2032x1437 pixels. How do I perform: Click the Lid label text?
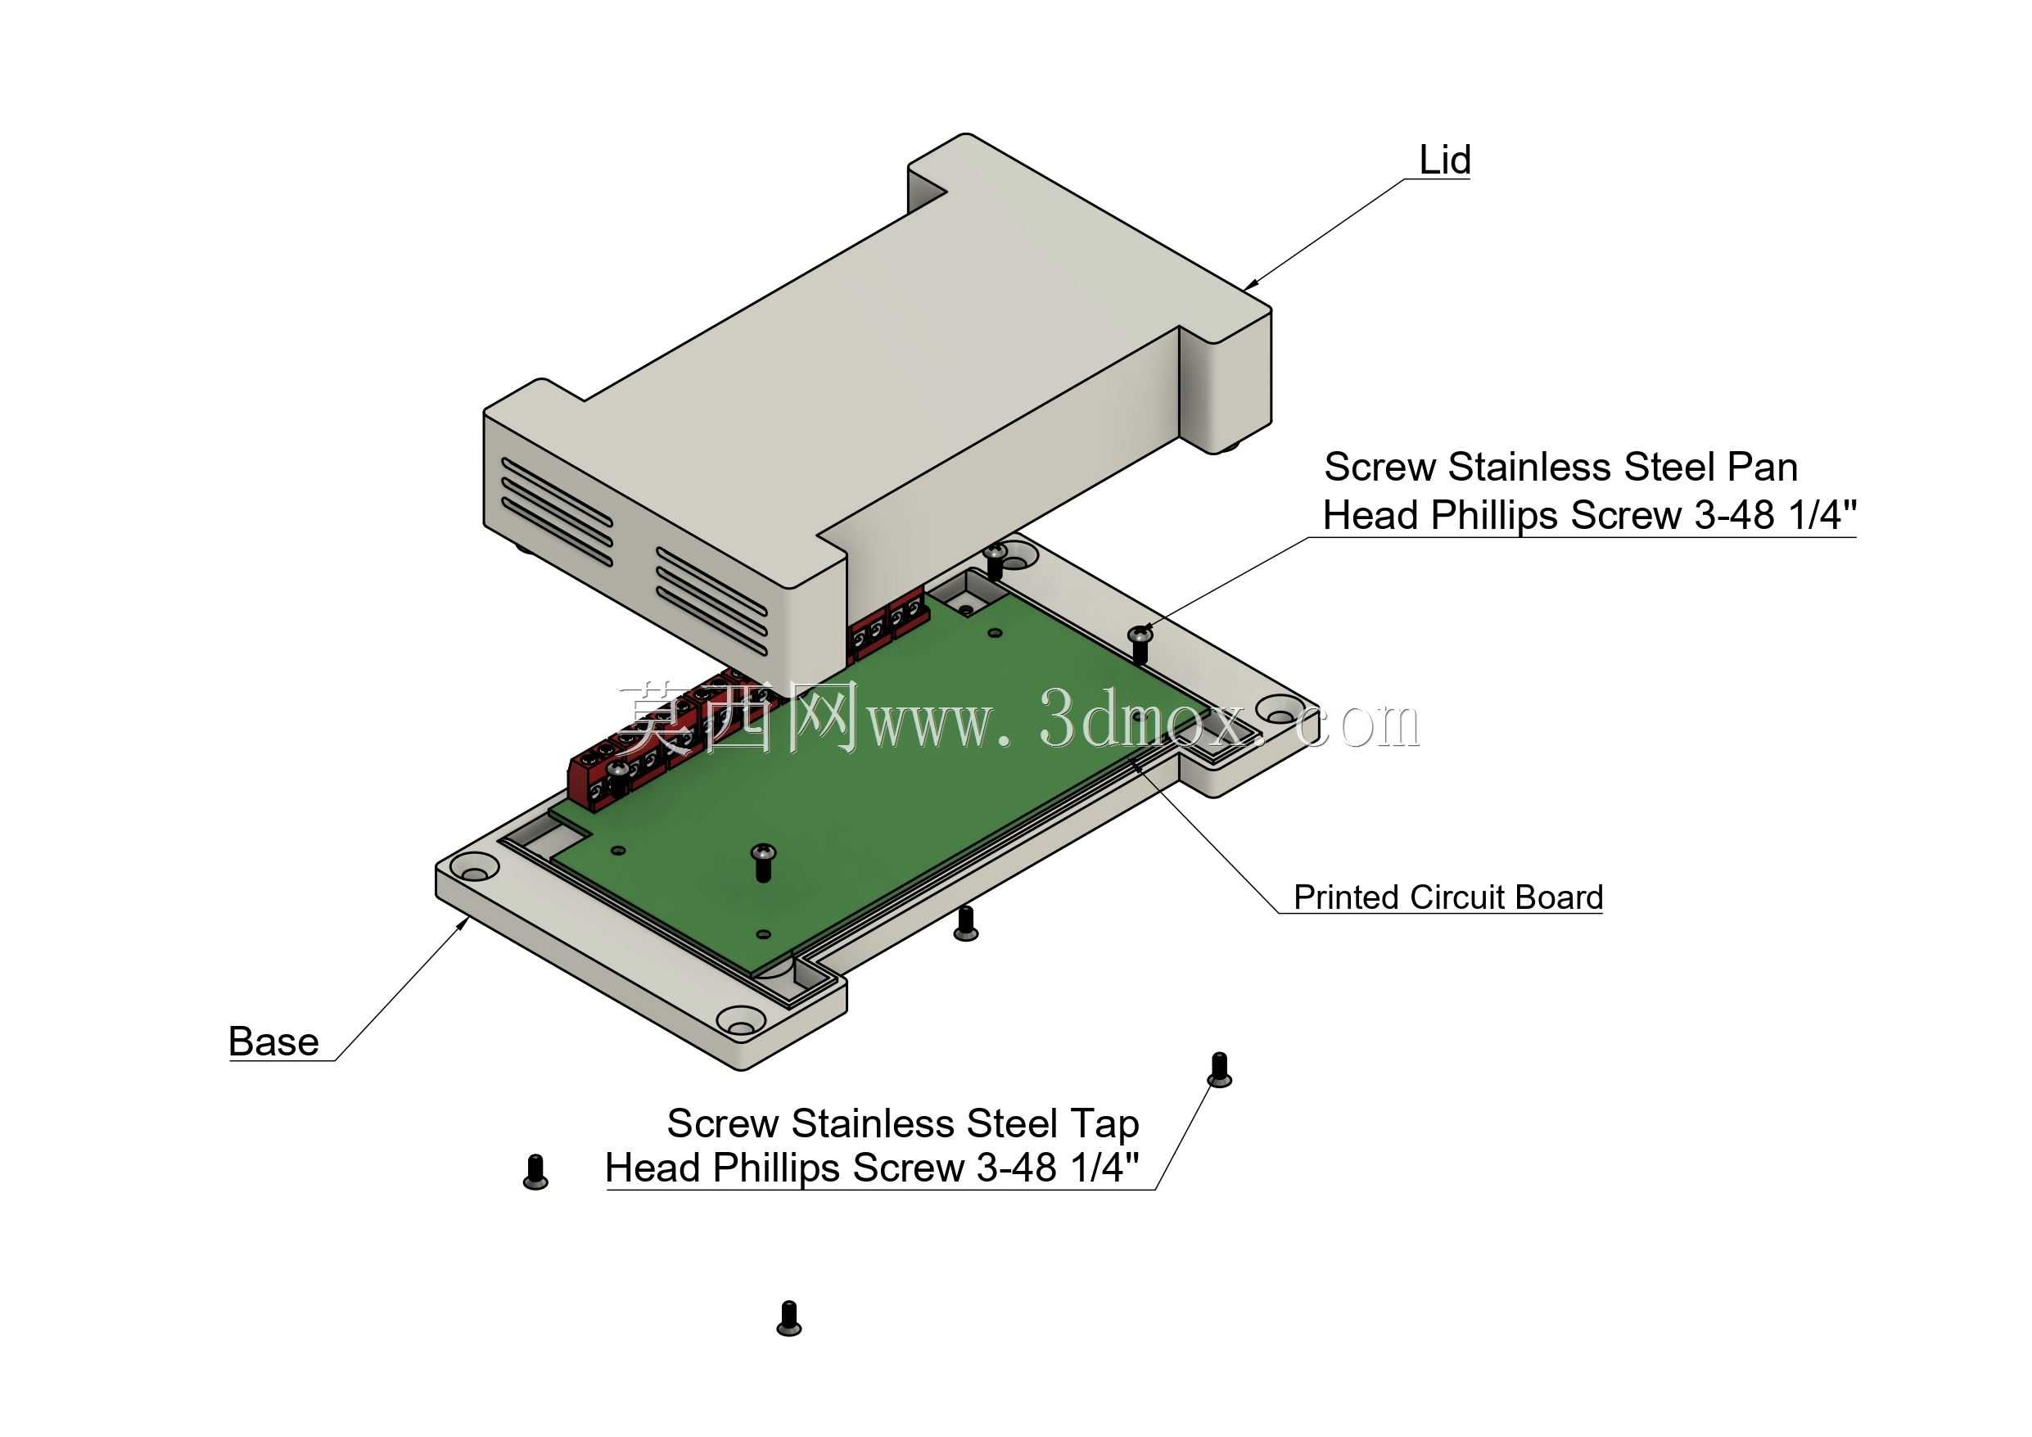[1444, 160]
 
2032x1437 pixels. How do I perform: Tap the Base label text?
[273, 1042]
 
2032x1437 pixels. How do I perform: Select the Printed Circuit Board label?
[1448, 897]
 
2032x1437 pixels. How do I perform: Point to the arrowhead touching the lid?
[1250, 284]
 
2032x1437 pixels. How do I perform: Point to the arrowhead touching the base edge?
[463, 925]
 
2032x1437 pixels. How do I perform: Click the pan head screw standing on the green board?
[763, 862]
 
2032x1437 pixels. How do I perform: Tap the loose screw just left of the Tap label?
[535, 1172]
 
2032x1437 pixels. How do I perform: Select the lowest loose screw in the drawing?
[788, 1317]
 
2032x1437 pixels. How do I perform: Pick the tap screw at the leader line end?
[1220, 1069]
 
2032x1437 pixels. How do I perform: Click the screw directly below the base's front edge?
[965, 923]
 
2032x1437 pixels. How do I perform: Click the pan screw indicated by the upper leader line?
[1140, 644]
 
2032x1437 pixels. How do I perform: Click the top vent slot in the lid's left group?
[557, 490]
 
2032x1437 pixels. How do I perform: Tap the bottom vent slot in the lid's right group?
[711, 621]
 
